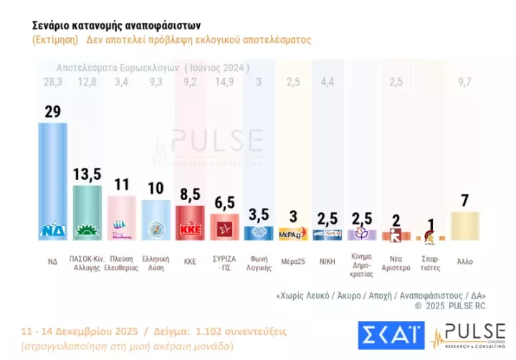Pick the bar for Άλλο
pyautogui.click(x=464, y=225)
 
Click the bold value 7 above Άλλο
pyautogui.click(x=464, y=200)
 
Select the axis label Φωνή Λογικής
pyautogui.click(x=259, y=264)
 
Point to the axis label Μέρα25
pyautogui.click(x=293, y=261)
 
